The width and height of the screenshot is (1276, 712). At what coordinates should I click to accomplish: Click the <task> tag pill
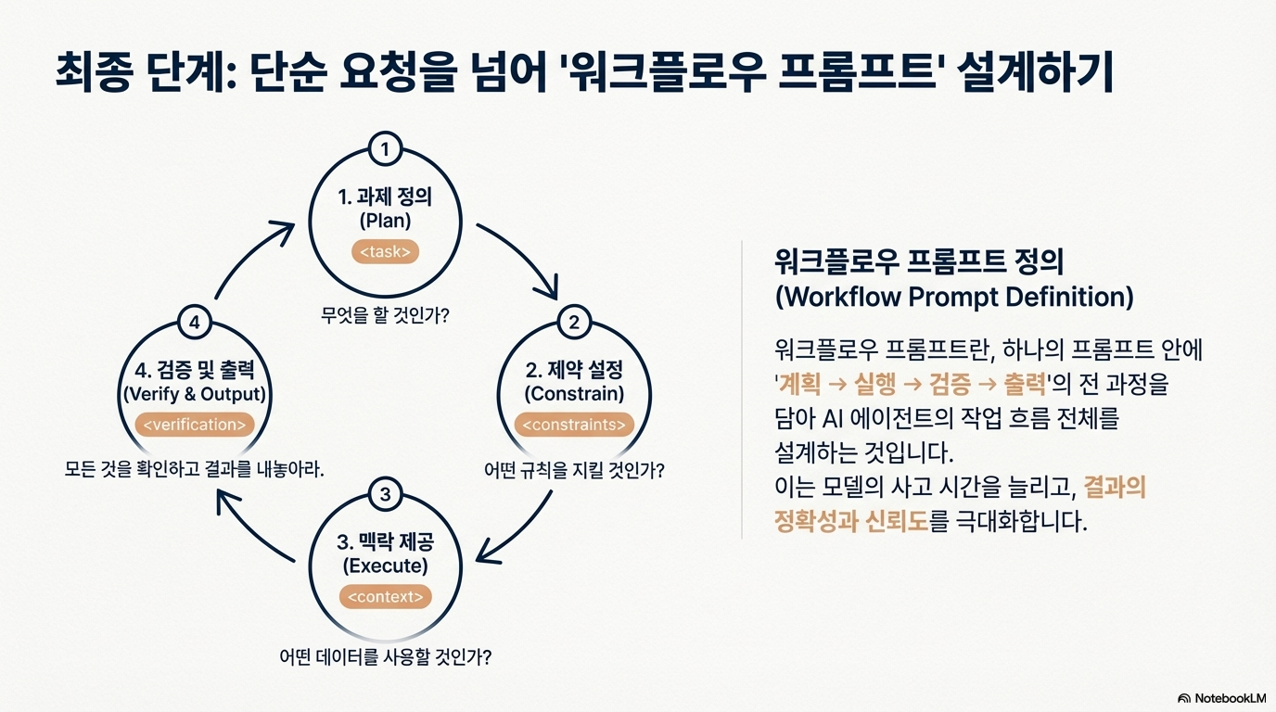click(385, 251)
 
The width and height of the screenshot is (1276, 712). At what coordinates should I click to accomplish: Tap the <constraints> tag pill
click(574, 425)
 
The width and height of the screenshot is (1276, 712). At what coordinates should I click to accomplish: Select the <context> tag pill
click(385, 597)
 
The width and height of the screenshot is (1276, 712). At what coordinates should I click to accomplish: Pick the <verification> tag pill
click(194, 425)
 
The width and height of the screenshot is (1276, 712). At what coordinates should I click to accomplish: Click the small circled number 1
click(385, 148)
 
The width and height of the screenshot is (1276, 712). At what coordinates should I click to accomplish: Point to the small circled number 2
click(574, 323)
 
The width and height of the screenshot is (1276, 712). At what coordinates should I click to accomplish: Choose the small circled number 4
click(194, 323)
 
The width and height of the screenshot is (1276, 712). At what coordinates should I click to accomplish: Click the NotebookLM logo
click(1221, 697)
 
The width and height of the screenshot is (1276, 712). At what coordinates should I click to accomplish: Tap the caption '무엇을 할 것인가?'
click(385, 315)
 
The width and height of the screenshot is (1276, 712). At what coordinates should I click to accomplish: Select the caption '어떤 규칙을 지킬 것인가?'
click(574, 470)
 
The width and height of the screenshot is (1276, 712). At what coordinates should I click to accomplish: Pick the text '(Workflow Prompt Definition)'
click(953, 297)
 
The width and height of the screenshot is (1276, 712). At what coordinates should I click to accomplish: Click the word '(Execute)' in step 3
click(385, 566)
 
